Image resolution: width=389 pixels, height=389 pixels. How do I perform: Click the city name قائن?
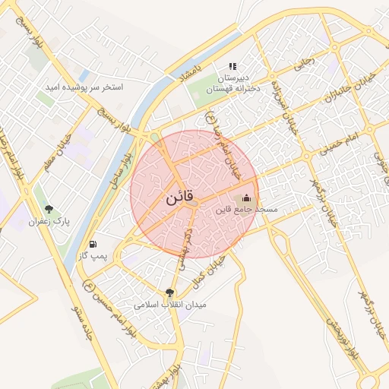coord(179,200)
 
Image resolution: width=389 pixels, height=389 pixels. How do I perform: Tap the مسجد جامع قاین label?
coord(247,208)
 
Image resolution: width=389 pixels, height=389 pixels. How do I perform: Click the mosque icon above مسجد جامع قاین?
coord(245,198)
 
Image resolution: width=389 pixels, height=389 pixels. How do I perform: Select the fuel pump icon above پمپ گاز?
coord(93,245)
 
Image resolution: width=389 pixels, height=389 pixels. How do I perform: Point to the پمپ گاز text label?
coord(92,256)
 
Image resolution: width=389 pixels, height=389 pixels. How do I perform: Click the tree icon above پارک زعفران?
coord(49,210)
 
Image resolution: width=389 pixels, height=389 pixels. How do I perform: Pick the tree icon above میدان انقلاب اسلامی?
coord(169,292)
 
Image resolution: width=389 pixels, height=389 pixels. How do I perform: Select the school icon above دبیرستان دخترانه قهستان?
coord(232,67)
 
